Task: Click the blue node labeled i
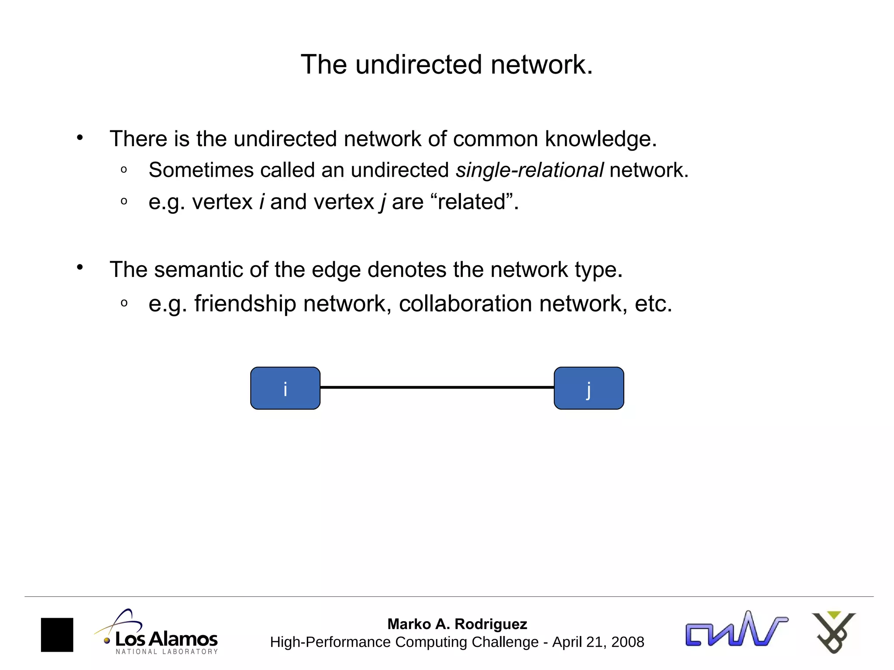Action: [x=285, y=388]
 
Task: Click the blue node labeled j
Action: [x=588, y=388]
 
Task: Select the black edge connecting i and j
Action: [x=437, y=387]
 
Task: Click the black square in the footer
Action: [x=57, y=635]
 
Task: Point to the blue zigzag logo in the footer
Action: [x=736, y=630]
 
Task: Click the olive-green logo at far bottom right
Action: [x=833, y=632]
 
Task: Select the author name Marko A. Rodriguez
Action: [x=457, y=624]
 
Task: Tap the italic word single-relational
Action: [x=530, y=170]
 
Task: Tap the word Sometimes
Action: [x=201, y=170]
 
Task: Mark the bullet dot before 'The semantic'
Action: [x=79, y=267]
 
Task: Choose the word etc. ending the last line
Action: [x=653, y=304]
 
